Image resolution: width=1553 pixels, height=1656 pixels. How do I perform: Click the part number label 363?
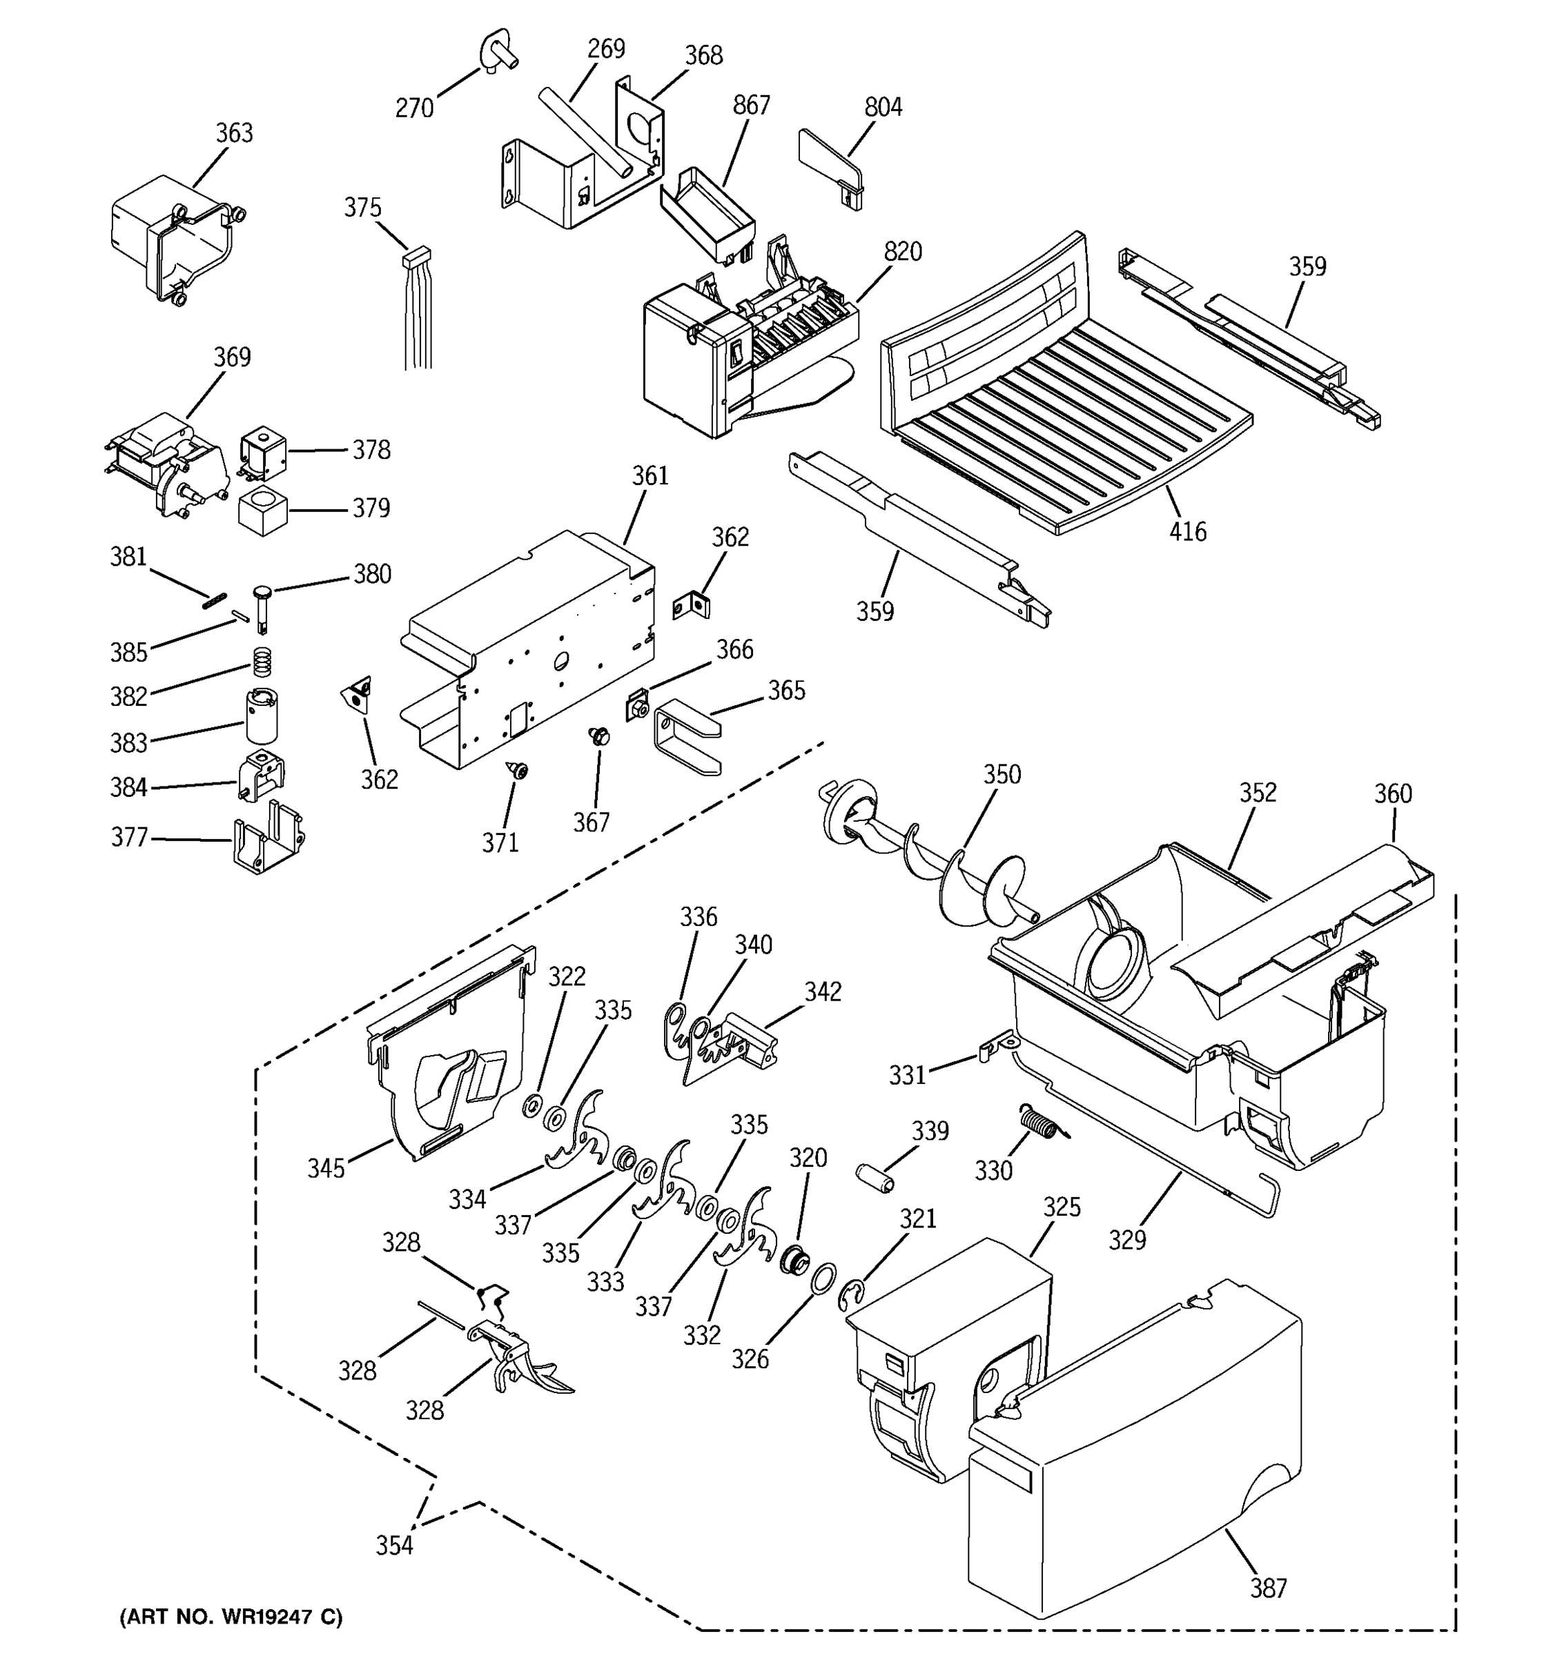tap(234, 133)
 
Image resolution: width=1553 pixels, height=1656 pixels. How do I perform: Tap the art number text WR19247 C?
tap(231, 1617)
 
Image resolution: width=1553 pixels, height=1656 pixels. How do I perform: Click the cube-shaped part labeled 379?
tap(262, 510)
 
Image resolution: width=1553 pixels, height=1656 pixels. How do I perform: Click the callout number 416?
tap(1187, 531)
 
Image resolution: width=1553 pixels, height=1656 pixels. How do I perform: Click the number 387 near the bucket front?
tap(1268, 1588)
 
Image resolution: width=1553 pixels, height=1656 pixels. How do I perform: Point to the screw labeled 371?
tap(520, 771)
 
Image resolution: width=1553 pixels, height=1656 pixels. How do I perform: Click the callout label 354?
tap(394, 1546)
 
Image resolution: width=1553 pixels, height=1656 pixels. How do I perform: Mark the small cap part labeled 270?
tap(498, 52)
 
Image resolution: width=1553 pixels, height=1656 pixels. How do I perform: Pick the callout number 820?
tap(902, 252)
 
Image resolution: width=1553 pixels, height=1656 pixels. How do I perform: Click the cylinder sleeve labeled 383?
tap(262, 716)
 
